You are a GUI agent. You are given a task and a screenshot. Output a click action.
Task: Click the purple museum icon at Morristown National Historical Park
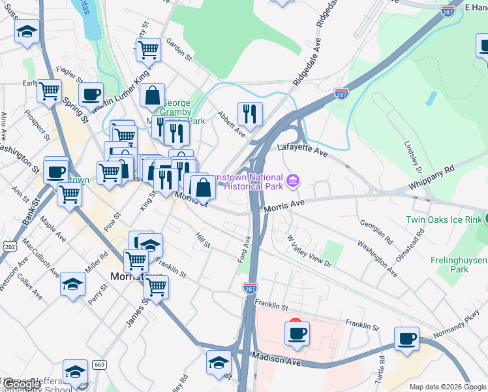pos(294,180)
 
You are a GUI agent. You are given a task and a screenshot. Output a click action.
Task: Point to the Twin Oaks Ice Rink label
pos(443,220)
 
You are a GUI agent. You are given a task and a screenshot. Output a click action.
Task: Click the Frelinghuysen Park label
pos(459,264)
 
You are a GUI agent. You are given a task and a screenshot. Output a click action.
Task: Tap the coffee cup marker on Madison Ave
pos(297,333)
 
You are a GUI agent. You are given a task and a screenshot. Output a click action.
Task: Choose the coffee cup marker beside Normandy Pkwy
pos(406,338)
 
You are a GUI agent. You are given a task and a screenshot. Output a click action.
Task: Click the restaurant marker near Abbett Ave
pos(250,114)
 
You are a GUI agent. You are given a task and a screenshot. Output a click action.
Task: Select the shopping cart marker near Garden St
pos(148,50)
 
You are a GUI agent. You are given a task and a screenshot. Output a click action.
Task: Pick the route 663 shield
pos(99,364)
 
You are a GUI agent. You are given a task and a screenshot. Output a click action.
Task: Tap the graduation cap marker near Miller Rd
pos(72,284)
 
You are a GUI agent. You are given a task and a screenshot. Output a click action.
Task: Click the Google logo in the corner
pos(21,384)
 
